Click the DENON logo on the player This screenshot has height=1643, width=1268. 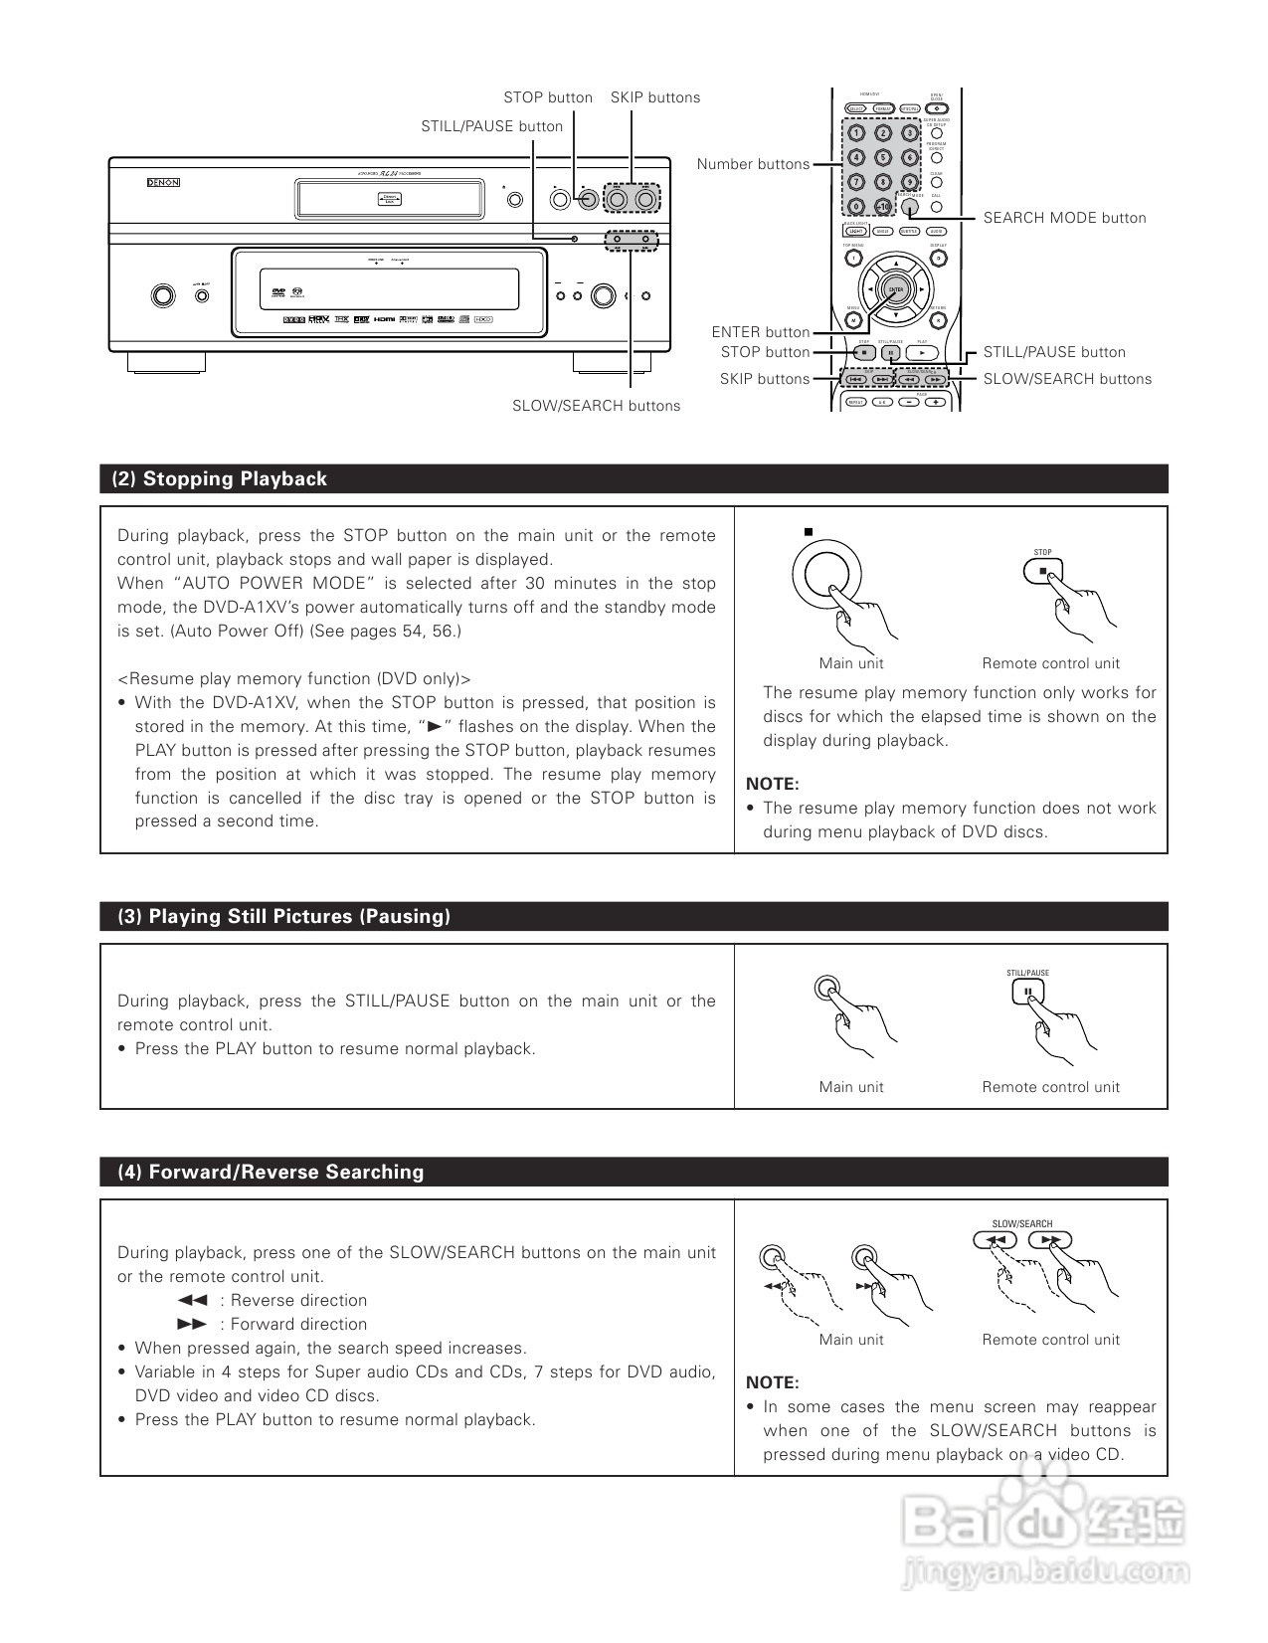coord(163,183)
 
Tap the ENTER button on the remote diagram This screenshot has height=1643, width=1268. coord(896,289)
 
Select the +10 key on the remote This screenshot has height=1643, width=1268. coord(882,207)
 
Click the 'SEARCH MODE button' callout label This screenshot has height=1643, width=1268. coord(1064,218)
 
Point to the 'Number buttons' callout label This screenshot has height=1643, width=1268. coord(753,164)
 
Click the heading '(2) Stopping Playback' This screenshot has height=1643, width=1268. coord(220,479)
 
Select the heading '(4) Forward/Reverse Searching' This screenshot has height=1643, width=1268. coord(271,1173)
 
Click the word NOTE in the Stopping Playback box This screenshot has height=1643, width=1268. coord(773,785)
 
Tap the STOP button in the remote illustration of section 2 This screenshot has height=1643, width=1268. coord(1042,572)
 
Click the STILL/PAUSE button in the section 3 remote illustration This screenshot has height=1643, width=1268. coord(1027,992)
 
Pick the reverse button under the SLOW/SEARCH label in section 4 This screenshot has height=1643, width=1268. coord(995,1240)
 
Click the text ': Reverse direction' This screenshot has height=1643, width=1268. coord(293,1301)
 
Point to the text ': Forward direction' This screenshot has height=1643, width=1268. coord(293,1325)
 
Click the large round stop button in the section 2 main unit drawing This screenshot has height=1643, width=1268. coord(826,576)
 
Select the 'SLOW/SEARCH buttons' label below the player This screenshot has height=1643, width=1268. coord(596,406)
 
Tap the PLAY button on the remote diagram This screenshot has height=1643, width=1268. coord(923,352)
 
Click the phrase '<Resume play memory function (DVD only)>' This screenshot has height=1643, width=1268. coord(293,679)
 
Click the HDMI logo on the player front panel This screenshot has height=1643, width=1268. coord(385,320)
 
